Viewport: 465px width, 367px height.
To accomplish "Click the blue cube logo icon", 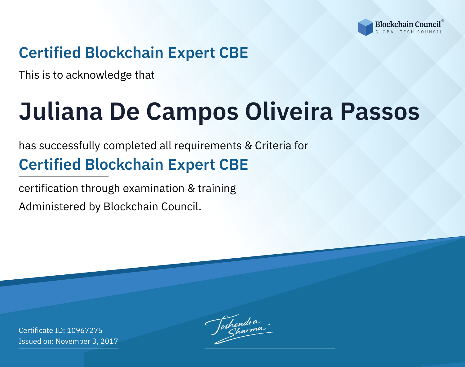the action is click(365, 27).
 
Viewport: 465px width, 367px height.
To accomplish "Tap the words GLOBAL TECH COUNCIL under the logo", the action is click(409, 32).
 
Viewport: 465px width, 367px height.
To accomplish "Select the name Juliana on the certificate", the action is click(61, 111).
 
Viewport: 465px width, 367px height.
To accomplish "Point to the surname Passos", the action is click(380, 111).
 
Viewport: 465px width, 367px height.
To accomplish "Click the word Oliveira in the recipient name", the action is click(289, 111).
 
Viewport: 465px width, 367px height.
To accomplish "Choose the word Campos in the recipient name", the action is click(192, 112).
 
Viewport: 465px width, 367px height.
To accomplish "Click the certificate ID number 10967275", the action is click(85, 330).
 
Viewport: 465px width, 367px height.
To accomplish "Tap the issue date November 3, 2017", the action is click(87, 341).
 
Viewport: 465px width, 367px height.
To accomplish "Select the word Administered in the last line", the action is click(52, 207).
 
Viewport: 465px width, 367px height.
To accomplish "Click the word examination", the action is click(154, 188).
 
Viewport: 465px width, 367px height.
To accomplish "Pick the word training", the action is click(217, 189).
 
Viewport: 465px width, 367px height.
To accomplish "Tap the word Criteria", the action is click(273, 146).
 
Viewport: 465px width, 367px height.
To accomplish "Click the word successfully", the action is click(69, 146).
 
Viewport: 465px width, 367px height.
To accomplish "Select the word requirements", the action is click(208, 146).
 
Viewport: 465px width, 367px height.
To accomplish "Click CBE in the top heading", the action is click(233, 53).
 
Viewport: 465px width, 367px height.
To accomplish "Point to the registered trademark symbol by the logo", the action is click(443, 21).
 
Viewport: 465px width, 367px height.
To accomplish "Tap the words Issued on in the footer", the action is click(36, 341).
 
